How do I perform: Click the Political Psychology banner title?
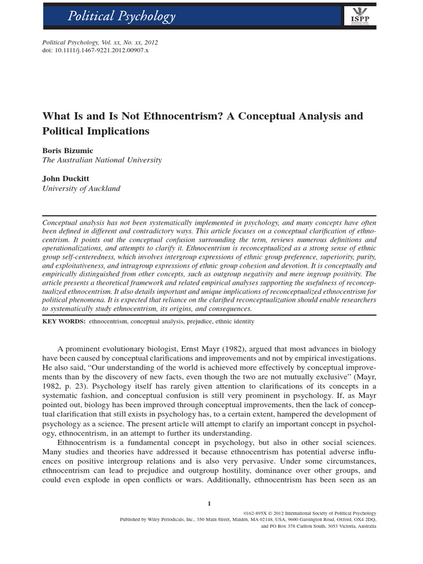click(x=121, y=16)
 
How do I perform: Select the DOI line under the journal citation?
click(x=95, y=50)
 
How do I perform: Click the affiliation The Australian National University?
click(x=102, y=160)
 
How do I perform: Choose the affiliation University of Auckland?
click(x=81, y=188)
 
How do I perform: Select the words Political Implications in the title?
click(x=96, y=132)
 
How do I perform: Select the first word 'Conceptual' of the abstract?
click(x=62, y=221)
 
